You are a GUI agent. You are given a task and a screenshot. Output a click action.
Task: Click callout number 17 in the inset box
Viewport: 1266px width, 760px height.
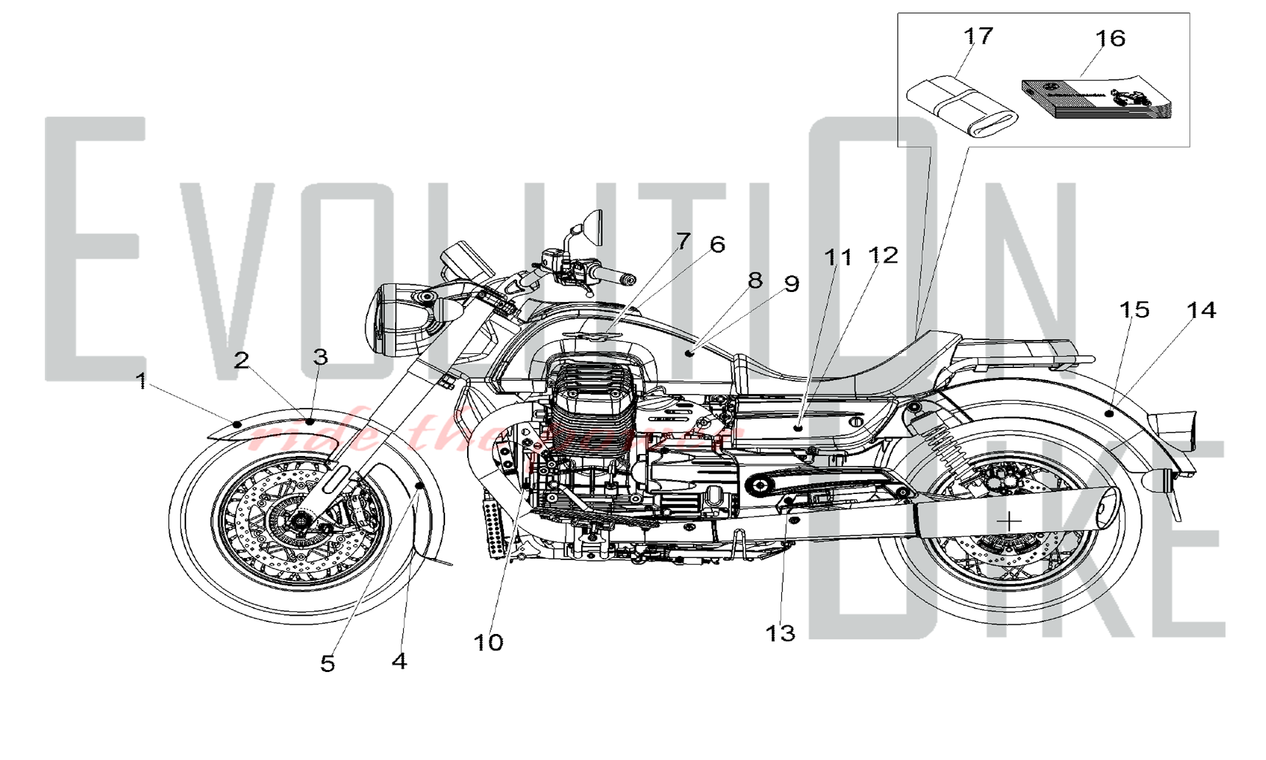(978, 36)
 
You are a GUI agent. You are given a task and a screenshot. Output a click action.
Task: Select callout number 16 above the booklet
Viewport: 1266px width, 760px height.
(1110, 39)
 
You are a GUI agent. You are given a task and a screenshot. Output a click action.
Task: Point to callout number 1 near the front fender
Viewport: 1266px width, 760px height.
(141, 381)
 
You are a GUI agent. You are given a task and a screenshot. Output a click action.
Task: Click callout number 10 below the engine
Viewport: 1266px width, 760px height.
(488, 643)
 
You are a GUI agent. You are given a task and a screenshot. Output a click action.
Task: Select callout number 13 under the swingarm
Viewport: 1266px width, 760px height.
(780, 633)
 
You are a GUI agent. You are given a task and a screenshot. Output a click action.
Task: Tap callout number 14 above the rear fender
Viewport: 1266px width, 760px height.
(1201, 310)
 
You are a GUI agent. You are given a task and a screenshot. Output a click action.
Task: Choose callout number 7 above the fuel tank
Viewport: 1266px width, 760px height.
(682, 241)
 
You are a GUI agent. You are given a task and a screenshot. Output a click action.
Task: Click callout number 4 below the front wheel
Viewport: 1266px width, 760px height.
(399, 661)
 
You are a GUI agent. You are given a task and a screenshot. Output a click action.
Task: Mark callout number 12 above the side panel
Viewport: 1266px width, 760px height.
(882, 255)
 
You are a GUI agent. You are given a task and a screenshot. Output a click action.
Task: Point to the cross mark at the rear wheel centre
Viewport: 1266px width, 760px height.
(1009, 521)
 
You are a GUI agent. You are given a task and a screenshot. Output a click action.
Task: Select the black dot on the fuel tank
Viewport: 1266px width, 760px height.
(691, 353)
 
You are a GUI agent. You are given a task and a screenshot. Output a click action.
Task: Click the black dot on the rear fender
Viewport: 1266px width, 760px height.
(1108, 413)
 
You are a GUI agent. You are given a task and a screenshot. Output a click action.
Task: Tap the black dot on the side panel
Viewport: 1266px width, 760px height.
(798, 428)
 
